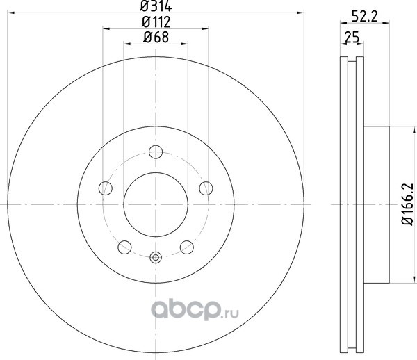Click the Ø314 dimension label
[156, 6]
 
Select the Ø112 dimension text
[156, 22]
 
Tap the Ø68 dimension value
[156, 37]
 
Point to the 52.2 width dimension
[365, 17]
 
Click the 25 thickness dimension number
[352, 37]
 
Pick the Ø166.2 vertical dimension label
[408, 204]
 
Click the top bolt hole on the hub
[156, 152]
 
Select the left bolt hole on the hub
[106, 188]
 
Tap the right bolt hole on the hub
[206, 188]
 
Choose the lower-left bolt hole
[124, 247]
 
